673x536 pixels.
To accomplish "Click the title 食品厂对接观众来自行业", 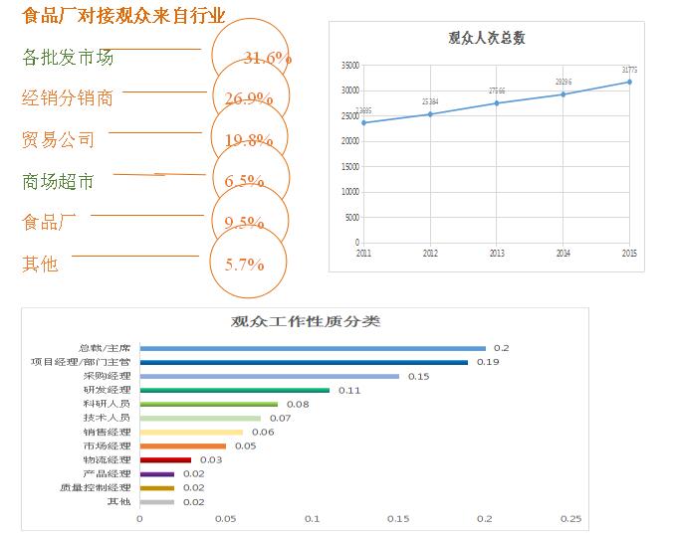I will (123, 16).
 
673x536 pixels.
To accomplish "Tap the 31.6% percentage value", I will (266, 59).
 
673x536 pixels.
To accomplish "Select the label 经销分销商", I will (68, 97).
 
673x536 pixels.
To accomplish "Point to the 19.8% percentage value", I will (249, 140).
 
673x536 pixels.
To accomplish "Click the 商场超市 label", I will (59, 181).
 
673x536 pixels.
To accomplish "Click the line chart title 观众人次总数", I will (487, 39).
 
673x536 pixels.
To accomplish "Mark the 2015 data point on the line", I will (629, 82).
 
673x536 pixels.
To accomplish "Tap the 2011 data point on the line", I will (364, 122).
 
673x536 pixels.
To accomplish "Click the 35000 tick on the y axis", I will (349, 66).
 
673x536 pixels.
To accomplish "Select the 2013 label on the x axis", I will (497, 254).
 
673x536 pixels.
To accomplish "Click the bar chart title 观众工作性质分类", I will (305, 321).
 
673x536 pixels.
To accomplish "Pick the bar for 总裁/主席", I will (313, 348).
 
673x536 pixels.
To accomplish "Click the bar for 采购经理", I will (269, 376).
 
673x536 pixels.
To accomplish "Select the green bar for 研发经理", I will (234, 390).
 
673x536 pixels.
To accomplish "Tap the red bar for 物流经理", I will (165, 459).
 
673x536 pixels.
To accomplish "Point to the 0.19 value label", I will (487, 362).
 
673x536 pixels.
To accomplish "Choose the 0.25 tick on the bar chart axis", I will (570, 518).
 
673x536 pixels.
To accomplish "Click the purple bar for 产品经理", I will (156, 473).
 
